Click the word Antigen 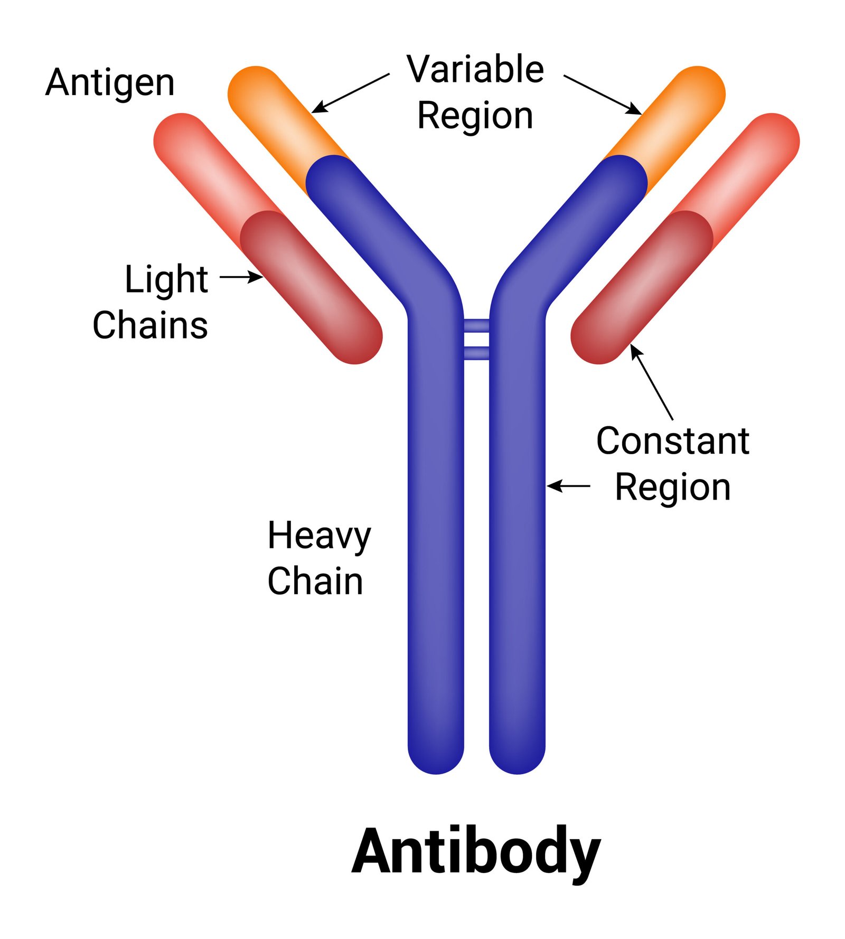coord(110,83)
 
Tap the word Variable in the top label coord(475,69)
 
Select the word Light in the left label coord(166,279)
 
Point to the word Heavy coord(319,536)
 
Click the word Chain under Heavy coord(315,581)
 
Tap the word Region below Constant coord(672,486)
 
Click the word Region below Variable coord(475,115)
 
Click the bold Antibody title coord(476,852)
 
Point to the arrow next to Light coord(241,276)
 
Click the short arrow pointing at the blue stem coord(568,485)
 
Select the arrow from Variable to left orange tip coord(351,93)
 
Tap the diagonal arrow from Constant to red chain coord(652,382)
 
